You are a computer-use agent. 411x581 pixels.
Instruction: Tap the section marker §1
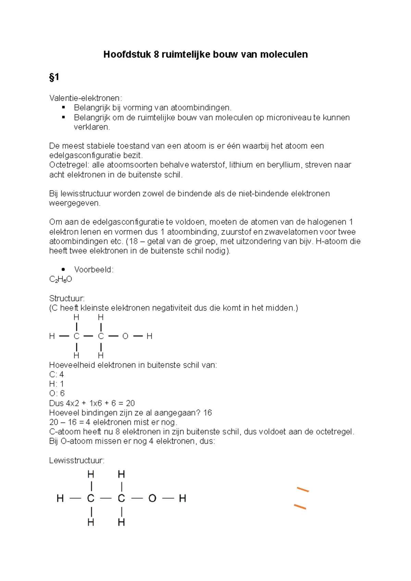click(54, 77)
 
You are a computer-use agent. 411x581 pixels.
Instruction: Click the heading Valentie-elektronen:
click(85, 98)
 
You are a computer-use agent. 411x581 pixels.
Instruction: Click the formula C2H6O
click(61, 280)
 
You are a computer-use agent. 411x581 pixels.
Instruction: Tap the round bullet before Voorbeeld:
click(63, 270)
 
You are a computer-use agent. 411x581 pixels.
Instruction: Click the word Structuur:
click(67, 298)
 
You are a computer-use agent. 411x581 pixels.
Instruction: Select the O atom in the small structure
click(125, 336)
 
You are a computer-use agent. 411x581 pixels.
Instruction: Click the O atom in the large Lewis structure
click(152, 499)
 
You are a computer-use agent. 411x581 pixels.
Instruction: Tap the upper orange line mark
click(303, 490)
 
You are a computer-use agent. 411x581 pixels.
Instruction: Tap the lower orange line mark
click(300, 507)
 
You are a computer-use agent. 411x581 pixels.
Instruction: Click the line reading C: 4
click(57, 375)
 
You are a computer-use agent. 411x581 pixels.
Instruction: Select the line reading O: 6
click(57, 393)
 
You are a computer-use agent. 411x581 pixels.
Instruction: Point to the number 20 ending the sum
click(130, 403)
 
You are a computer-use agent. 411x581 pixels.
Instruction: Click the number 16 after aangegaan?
click(208, 413)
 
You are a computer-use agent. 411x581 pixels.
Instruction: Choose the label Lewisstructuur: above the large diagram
click(77, 461)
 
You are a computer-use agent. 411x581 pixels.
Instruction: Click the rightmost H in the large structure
click(182, 499)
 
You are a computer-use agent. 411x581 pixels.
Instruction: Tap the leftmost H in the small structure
click(52, 336)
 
